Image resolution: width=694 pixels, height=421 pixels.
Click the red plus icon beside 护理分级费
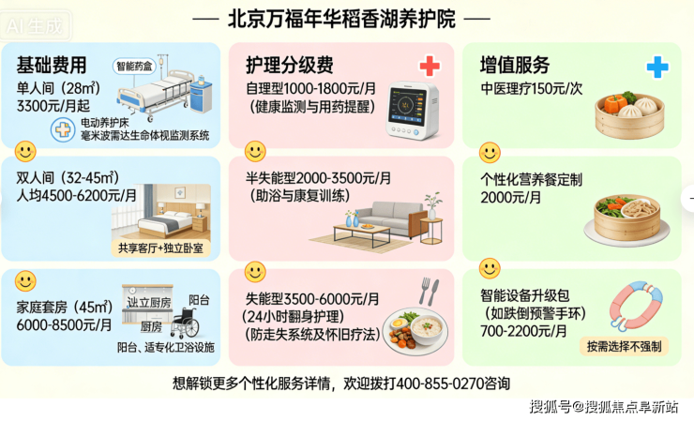pyautogui.click(x=430, y=67)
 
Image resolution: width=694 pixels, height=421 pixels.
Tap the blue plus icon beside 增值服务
pyautogui.click(x=657, y=67)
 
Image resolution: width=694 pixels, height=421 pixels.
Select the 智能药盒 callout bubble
pyautogui.click(x=134, y=67)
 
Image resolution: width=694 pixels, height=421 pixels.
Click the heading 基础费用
pyautogui.click(x=52, y=65)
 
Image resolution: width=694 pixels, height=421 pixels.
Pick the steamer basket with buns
pyautogui.click(x=629, y=115)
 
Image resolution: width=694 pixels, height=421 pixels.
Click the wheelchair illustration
pyautogui.click(x=185, y=323)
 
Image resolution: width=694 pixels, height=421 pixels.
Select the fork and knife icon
pyautogui.click(x=429, y=292)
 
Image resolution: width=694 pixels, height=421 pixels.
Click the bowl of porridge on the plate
pyautogui.click(x=429, y=328)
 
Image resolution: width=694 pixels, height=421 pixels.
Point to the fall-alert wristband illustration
pyautogui.click(x=636, y=306)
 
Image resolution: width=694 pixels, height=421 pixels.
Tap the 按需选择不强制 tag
pyautogui.click(x=624, y=346)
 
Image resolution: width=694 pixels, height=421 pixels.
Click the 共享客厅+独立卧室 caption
pyautogui.click(x=160, y=248)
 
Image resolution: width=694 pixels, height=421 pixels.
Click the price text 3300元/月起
pyautogui.click(x=53, y=106)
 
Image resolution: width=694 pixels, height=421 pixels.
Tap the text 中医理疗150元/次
pyautogui.click(x=531, y=88)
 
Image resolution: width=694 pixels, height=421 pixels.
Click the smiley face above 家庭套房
pyautogui.click(x=25, y=280)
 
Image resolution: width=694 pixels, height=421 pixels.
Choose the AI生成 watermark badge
pyautogui.click(x=35, y=25)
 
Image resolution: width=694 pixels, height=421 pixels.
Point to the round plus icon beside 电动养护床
pyautogui.click(x=63, y=129)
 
